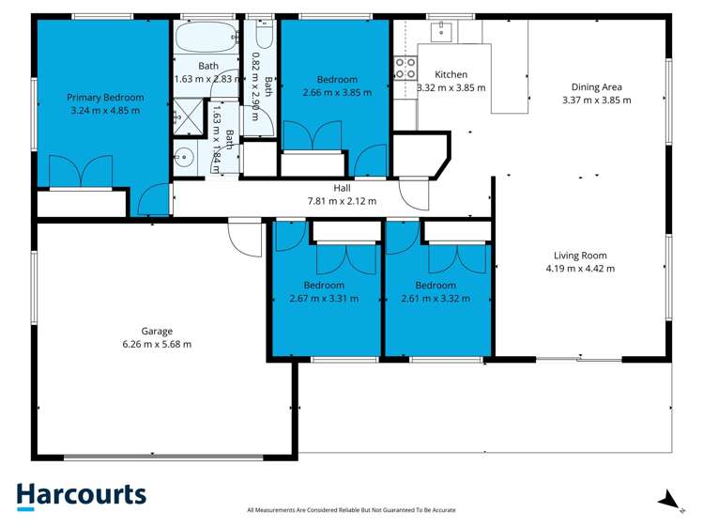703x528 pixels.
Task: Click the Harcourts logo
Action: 81,497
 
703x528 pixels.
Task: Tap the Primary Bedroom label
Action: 105,98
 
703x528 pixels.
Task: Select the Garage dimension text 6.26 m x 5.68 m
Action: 157,344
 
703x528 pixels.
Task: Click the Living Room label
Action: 580,256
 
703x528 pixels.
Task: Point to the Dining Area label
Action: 596,87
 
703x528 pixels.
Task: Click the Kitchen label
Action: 451,74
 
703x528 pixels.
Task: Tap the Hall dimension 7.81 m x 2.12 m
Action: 342,201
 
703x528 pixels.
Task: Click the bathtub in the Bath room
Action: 206,38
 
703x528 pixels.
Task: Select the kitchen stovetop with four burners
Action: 405,69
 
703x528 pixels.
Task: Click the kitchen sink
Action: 442,31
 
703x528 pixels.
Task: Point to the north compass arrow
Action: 669,500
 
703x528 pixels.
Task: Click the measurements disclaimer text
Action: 351,510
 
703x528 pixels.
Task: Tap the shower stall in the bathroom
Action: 189,117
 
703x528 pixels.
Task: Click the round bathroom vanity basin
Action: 184,158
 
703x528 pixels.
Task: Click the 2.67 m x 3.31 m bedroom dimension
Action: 324,299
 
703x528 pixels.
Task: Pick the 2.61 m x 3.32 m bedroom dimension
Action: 436,299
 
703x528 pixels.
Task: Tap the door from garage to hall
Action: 245,238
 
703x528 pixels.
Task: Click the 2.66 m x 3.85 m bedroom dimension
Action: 337,92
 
